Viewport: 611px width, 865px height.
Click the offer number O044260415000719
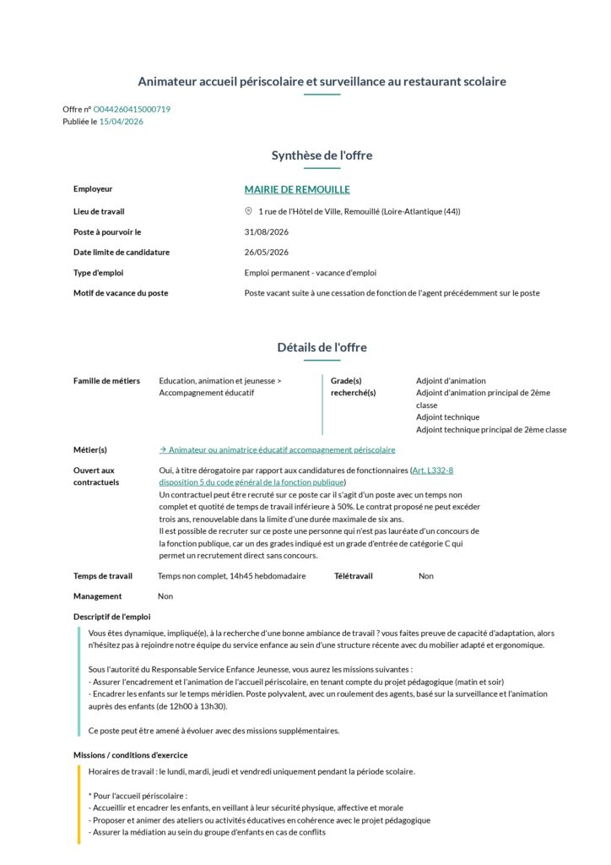[x=132, y=109]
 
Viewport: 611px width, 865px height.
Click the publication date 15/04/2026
[x=122, y=122]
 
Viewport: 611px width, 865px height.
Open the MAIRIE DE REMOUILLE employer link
[x=297, y=190]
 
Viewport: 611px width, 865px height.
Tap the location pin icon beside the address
[x=248, y=211]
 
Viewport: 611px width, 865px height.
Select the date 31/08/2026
[x=267, y=231]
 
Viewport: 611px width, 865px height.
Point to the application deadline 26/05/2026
[x=267, y=252]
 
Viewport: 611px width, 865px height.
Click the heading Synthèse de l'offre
[x=322, y=155]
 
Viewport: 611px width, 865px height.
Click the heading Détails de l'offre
[x=322, y=347]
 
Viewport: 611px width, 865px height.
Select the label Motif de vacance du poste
[x=121, y=293]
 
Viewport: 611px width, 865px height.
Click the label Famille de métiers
[x=106, y=381]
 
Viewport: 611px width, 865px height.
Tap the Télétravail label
[x=353, y=576]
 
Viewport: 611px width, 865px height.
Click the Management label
[x=97, y=596]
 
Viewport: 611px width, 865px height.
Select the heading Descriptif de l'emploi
[x=111, y=617]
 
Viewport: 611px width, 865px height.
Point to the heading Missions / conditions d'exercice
[x=130, y=755]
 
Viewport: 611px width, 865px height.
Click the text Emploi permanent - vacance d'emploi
[x=310, y=273]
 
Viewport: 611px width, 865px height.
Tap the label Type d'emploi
[x=99, y=273]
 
